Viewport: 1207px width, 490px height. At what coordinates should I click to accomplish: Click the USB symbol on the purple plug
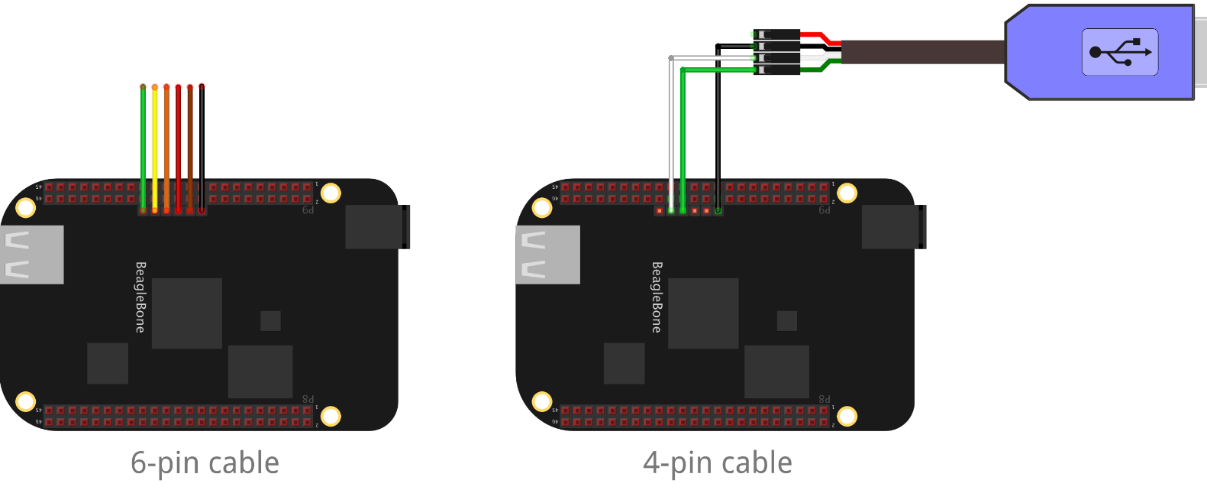coord(1120,53)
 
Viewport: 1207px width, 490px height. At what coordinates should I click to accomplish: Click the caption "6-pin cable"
coord(205,462)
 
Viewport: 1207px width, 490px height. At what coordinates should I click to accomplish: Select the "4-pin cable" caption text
coord(718,462)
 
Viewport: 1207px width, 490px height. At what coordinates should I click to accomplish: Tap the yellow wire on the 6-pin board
coord(154,145)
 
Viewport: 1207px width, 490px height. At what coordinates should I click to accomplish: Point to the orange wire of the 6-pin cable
coord(166,145)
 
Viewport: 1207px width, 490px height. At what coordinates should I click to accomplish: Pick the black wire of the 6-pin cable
coord(202,145)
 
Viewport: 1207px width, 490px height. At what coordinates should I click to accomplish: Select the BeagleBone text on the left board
coord(140,297)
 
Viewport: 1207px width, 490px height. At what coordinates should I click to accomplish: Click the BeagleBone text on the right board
coord(657,297)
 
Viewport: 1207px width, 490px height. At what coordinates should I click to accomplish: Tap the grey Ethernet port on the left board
coord(31,255)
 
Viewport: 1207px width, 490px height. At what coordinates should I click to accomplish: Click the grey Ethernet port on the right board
coord(547,255)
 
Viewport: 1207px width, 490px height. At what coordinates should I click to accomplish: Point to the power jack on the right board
coord(894,227)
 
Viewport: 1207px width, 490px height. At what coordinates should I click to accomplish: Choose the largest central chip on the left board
coord(187,313)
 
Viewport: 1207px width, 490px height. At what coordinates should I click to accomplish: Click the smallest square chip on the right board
coord(786,320)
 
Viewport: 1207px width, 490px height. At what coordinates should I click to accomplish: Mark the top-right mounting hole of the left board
coord(331,193)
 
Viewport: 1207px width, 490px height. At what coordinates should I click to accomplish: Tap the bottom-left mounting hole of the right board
coord(542,401)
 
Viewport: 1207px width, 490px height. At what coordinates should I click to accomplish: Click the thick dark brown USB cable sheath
coord(924,52)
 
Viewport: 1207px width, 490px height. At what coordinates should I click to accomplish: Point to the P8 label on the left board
coord(308,399)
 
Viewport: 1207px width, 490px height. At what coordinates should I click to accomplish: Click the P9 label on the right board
coord(824,210)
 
